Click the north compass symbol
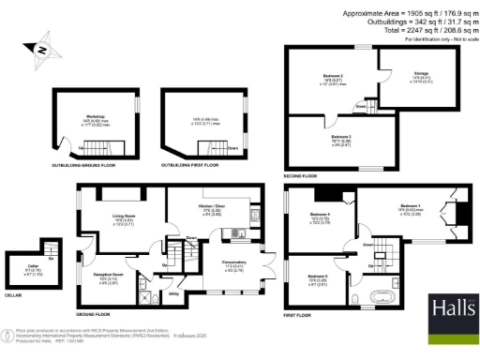(41, 50)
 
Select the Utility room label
(173, 293)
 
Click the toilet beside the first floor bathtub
(360, 298)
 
